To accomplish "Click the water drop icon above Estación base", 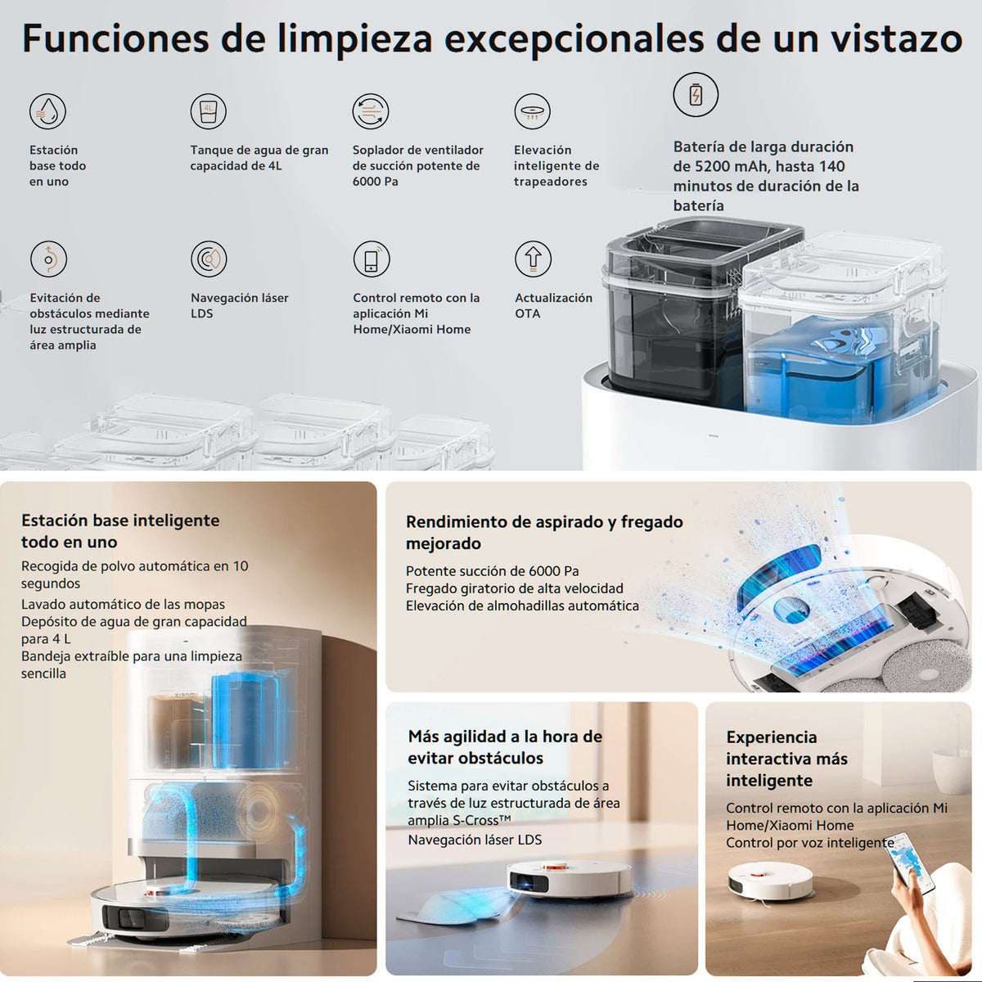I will pyautogui.click(x=47, y=110).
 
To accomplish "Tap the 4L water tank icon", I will pyautogui.click(x=208, y=110).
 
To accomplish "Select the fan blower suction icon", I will pyautogui.click(x=370, y=111).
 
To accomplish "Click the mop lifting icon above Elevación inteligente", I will pyautogui.click(x=532, y=111).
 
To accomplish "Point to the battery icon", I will pyautogui.click(x=696, y=94).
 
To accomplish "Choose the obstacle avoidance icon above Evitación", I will pyautogui.click(x=48, y=259).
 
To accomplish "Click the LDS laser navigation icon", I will pyautogui.click(x=209, y=259).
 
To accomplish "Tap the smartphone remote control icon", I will pyautogui.click(x=371, y=259).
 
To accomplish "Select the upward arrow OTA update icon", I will pyautogui.click(x=533, y=259).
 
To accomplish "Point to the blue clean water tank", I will pyautogui.click(x=827, y=368).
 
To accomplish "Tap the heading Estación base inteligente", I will pyautogui.click(x=120, y=520).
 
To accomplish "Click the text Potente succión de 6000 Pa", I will pyautogui.click(x=492, y=571).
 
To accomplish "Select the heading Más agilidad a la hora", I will pyautogui.click(x=505, y=736).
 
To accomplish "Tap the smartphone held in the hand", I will pyautogui.click(x=914, y=863).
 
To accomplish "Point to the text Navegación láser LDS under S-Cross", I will pyautogui.click(x=475, y=840).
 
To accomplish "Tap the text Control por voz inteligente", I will pyautogui.click(x=809, y=843).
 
